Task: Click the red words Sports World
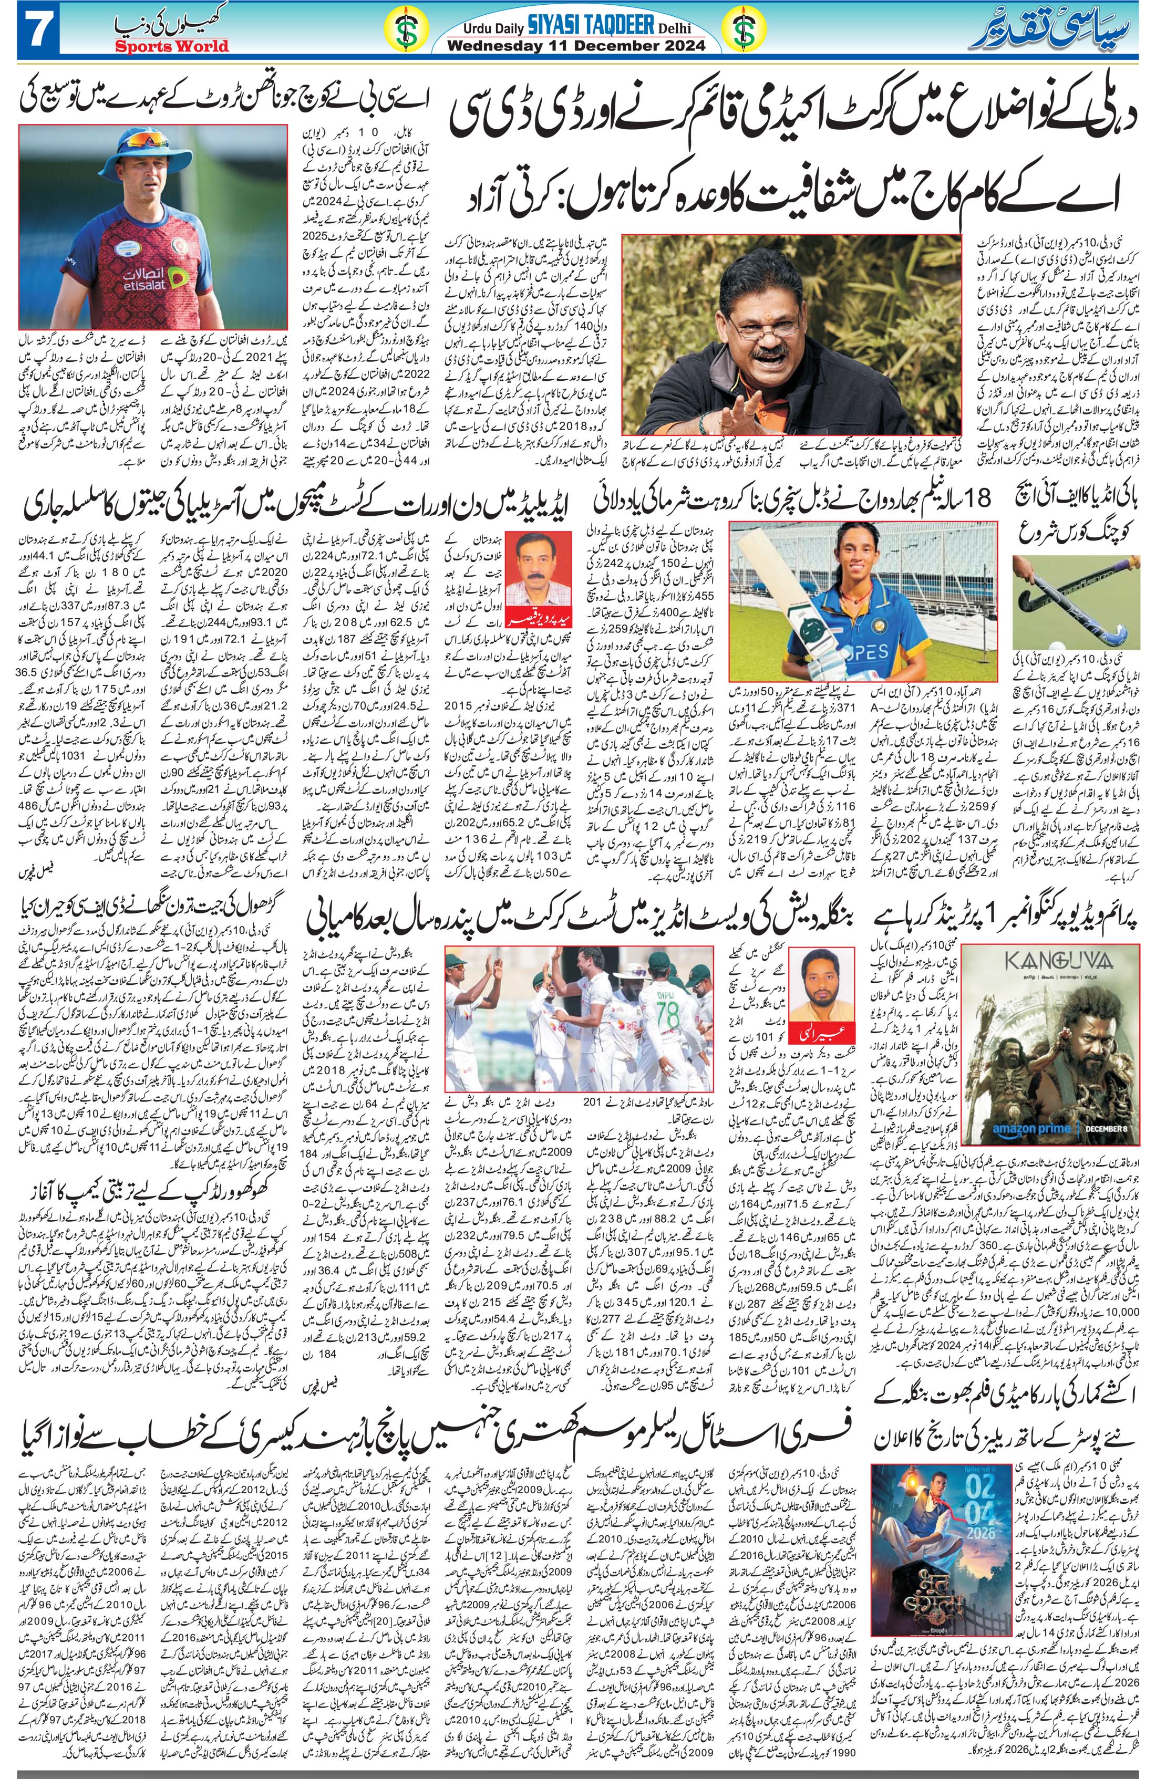[172, 46]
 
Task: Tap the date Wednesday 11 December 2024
[576, 46]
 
